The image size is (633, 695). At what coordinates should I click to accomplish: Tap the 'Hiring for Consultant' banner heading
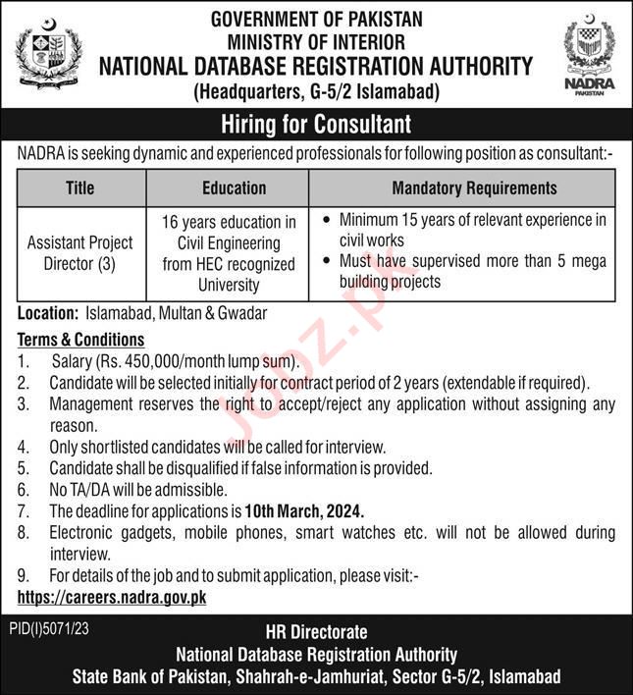pyautogui.click(x=316, y=125)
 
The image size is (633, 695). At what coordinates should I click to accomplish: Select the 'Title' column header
pyautogui.click(x=81, y=187)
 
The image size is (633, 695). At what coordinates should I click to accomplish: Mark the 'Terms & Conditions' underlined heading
pyautogui.click(x=81, y=340)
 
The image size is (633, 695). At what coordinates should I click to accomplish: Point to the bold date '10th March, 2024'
pyautogui.click(x=304, y=511)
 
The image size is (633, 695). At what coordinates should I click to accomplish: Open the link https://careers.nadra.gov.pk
pyautogui.click(x=112, y=597)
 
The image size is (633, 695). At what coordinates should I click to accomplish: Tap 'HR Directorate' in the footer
pyautogui.click(x=316, y=634)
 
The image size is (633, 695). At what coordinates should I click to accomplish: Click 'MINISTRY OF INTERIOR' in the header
pyautogui.click(x=316, y=41)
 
